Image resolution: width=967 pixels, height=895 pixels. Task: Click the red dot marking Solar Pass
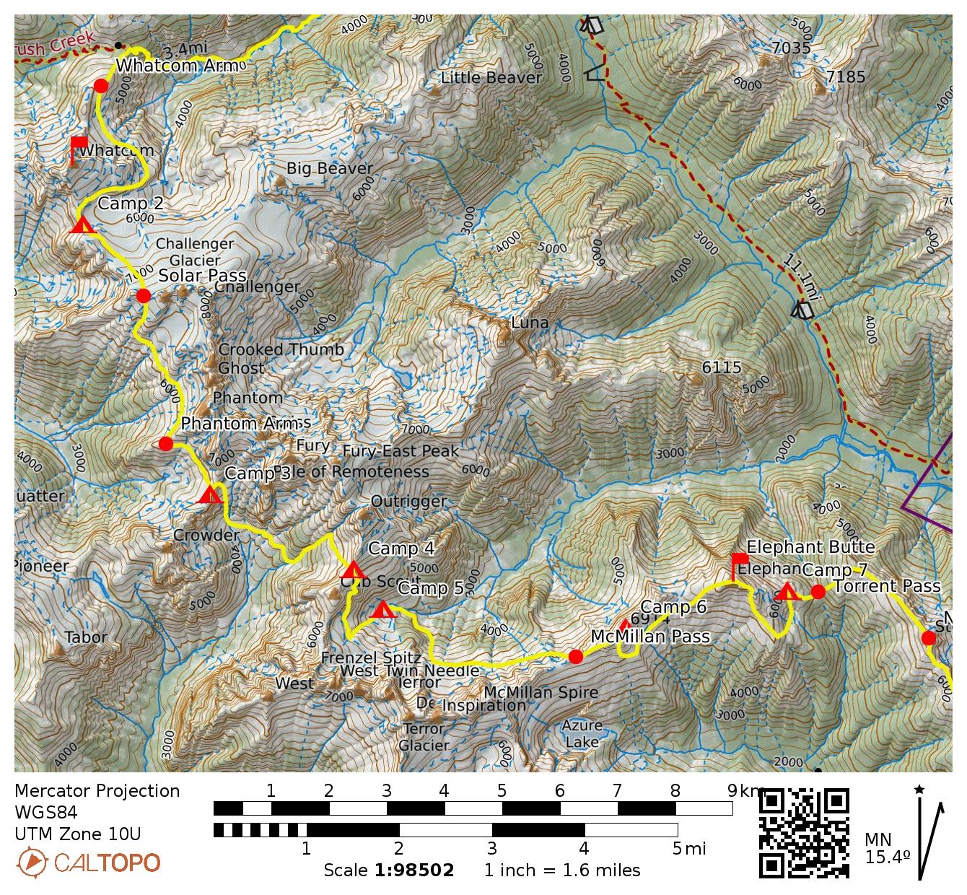point(143,295)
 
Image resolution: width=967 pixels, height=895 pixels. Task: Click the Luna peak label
point(530,323)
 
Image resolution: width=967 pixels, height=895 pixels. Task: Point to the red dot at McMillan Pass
point(575,656)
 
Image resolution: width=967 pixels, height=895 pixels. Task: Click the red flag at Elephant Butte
point(739,564)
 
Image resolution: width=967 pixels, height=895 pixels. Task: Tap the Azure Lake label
point(582,733)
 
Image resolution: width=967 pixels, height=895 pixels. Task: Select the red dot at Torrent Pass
point(818,592)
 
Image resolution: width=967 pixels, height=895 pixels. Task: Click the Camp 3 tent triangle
point(210,495)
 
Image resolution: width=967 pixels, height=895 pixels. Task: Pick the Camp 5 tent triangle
point(382,611)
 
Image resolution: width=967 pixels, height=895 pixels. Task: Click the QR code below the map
point(805,834)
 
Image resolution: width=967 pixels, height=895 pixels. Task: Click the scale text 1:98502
point(414,870)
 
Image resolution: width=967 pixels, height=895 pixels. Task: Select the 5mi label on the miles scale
point(689,849)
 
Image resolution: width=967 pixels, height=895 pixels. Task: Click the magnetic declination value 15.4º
point(887,858)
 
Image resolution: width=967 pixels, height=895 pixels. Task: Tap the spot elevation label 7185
point(845,77)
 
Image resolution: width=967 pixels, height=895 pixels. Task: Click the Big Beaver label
point(330,168)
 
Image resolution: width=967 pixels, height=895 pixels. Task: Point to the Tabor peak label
point(86,637)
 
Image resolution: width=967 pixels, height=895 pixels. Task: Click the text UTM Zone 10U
point(78,834)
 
